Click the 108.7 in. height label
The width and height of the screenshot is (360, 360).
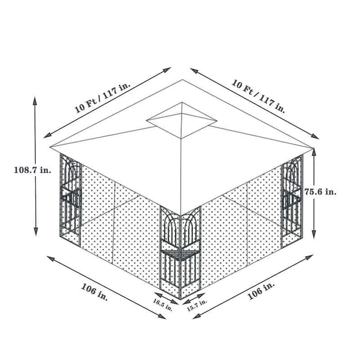(x=33, y=170)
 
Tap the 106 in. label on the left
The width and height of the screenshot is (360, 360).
(x=94, y=292)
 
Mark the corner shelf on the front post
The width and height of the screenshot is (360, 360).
(x=180, y=255)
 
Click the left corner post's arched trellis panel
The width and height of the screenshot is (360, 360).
(x=71, y=180)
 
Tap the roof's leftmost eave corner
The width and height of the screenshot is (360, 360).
(x=50, y=147)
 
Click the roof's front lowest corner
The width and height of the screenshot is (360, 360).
(x=181, y=215)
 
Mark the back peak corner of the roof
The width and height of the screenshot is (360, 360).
(x=183, y=80)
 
